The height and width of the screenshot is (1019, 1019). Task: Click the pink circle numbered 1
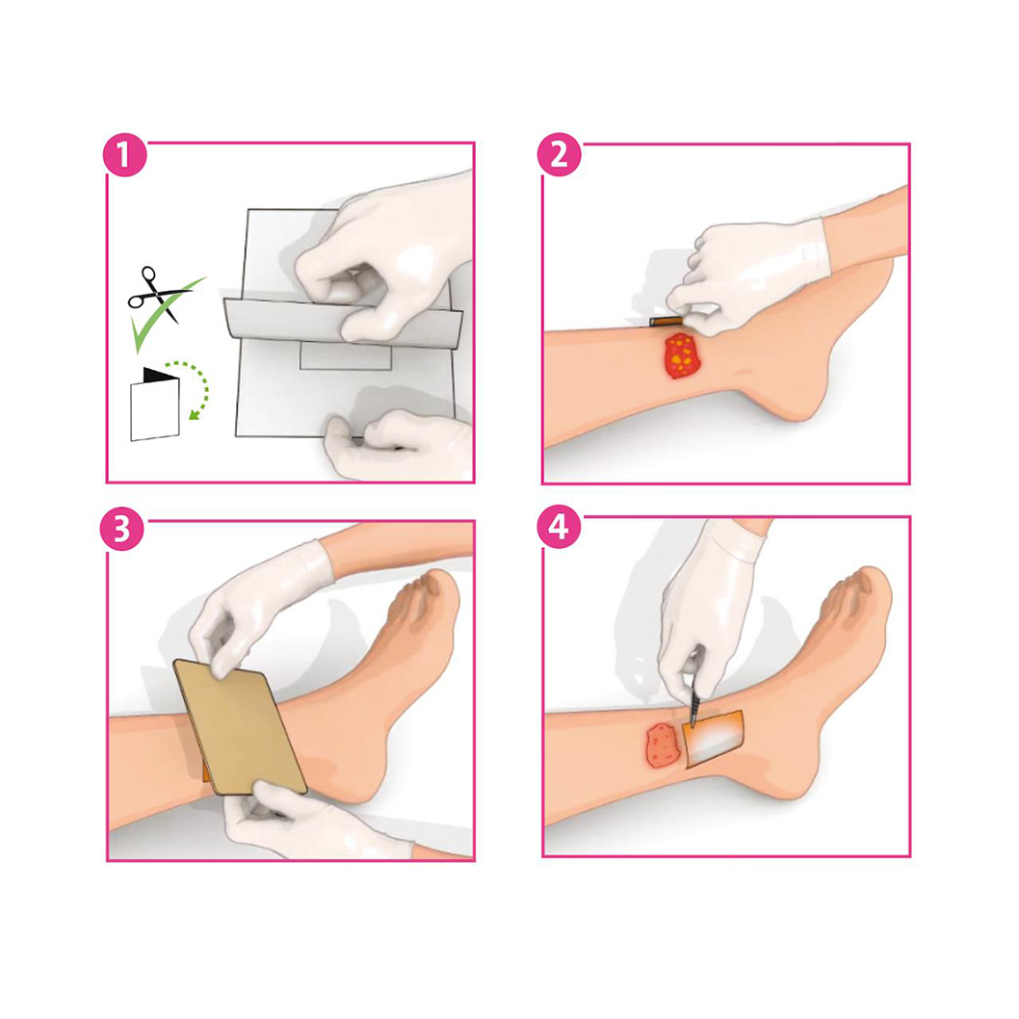(x=125, y=155)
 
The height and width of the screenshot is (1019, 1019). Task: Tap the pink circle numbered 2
(x=559, y=155)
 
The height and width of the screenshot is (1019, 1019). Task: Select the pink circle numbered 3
(x=121, y=529)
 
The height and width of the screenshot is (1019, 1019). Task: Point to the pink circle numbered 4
(x=559, y=527)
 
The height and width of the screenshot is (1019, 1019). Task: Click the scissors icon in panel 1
(x=157, y=294)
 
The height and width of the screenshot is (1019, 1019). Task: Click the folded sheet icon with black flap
(x=155, y=405)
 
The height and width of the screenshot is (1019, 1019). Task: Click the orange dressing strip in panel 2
(x=666, y=321)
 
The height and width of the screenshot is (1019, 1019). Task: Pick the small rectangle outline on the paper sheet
(x=346, y=356)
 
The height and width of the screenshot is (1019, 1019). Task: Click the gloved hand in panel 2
(x=747, y=276)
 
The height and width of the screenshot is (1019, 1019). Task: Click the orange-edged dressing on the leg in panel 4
(x=714, y=739)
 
